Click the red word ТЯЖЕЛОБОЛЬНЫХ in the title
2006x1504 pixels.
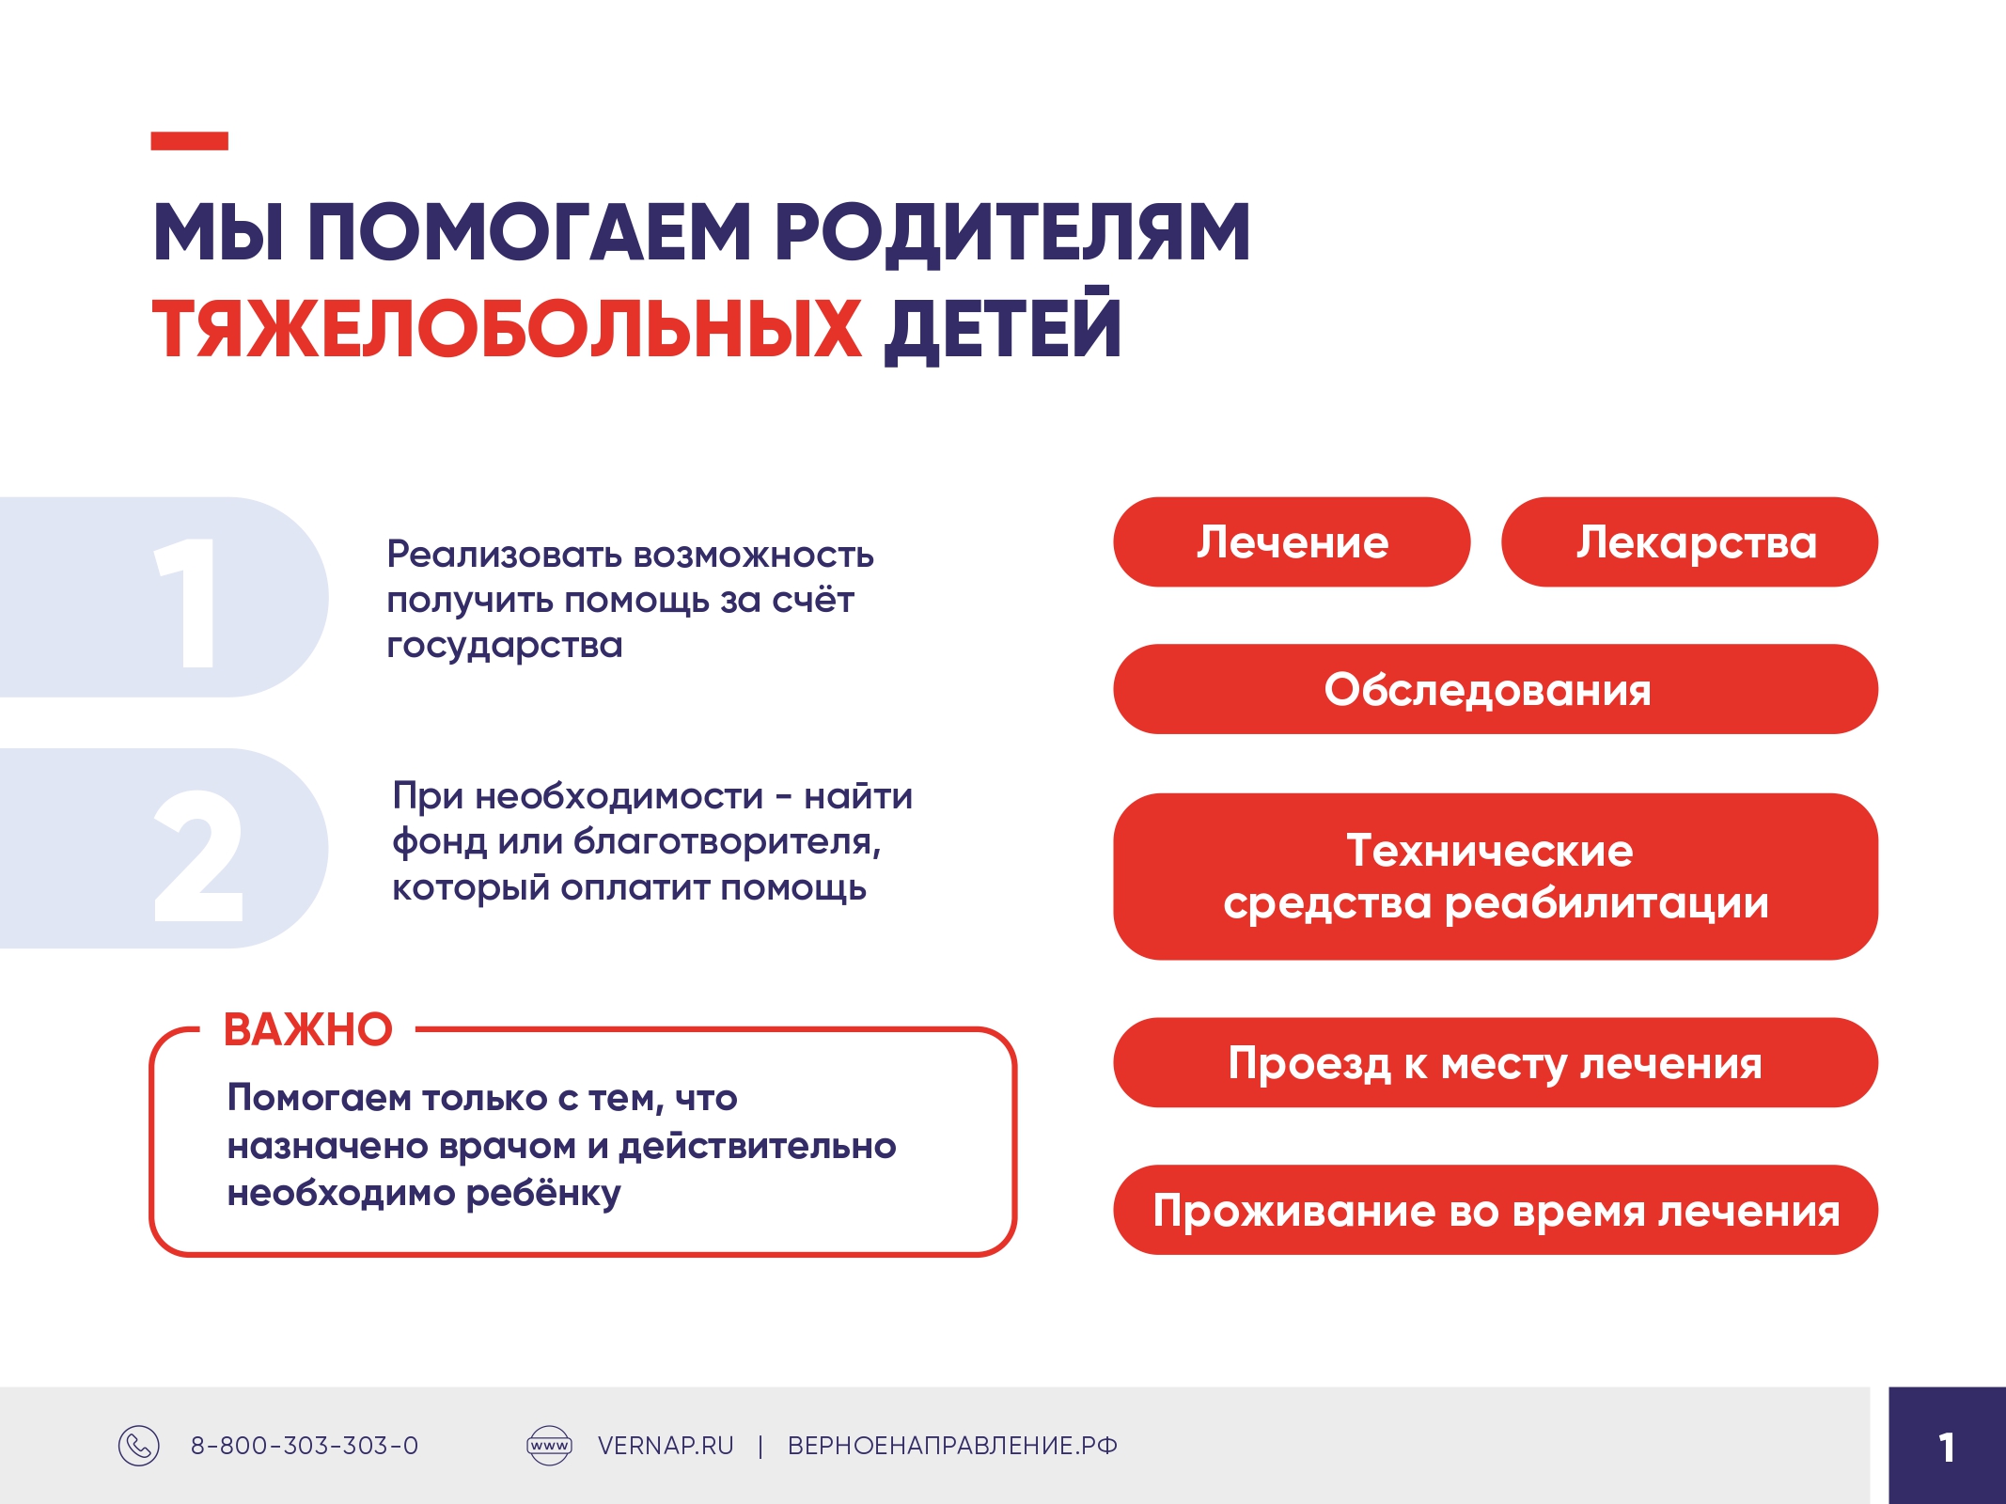pyautogui.click(x=507, y=329)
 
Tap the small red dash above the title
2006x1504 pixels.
pyautogui.click(x=190, y=141)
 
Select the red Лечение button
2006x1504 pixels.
pyautogui.click(x=1292, y=542)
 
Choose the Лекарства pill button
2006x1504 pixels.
pyautogui.click(x=1689, y=542)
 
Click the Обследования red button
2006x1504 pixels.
pyautogui.click(x=1496, y=689)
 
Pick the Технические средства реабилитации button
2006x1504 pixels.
pyautogui.click(x=1496, y=876)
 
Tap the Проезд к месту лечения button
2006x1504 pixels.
pyautogui.click(x=1496, y=1062)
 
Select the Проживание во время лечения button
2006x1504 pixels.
pyautogui.click(x=1496, y=1210)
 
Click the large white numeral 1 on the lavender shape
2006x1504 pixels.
pyautogui.click(x=188, y=603)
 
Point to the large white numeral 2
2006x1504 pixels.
pyautogui.click(x=198, y=854)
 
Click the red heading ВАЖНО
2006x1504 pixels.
pyautogui.click(x=307, y=1029)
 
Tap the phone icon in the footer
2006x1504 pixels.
pyautogui.click(x=139, y=1446)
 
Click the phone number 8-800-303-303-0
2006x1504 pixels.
pyautogui.click(x=305, y=1446)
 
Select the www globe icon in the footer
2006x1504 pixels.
pyautogui.click(x=549, y=1446)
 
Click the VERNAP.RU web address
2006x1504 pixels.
pyautogui.click(x=666, y=1446)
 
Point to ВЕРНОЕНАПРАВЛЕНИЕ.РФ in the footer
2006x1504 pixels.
pyautogui.click(x=952, y=1446)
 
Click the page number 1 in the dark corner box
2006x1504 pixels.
pyautogui.click(x=1947, y=1448)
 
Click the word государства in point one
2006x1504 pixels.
pyautogui.click(x=505, y=647)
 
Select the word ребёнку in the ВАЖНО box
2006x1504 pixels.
pyautogui.click(x=543, y=1194)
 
